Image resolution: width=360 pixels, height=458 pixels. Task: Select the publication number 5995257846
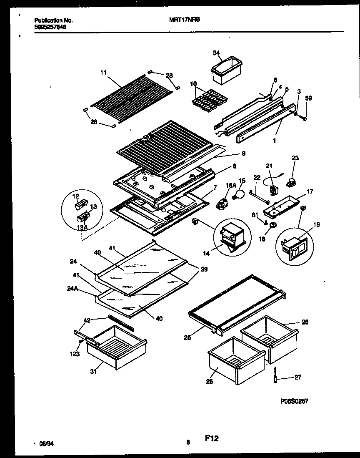[50, 27]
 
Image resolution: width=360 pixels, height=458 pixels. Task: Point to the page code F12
[212, 438]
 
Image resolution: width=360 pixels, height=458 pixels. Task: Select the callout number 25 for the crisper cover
[187, 337]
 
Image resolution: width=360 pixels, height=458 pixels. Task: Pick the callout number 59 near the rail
[308, 98]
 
